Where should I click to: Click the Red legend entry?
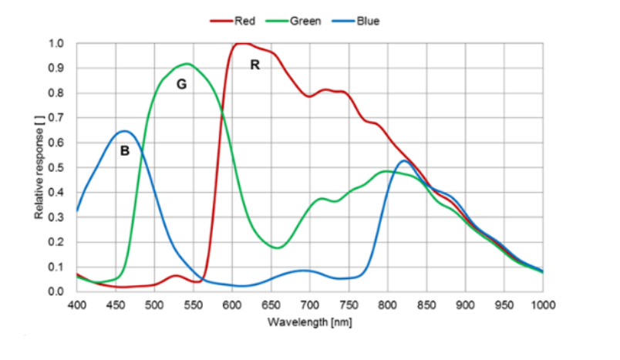click(x=244, y=21)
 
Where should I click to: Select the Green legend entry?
click(x=305, y=21)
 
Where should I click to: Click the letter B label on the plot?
click(x=124, y=152)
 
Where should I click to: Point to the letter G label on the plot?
click(x=182, y=84)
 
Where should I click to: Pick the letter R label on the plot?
click(x=254, y=66)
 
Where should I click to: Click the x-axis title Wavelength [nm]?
click(x=310, y=321)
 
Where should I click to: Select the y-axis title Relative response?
click(x=39, y=167)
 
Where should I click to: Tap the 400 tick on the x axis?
click(x=77, y=304)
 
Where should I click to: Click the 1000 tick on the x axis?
click(x=543, y=304)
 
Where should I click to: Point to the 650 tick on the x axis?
click(x=271, y=304)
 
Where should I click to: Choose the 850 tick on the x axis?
click(x=426, y=304)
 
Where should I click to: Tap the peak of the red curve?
click(x=241, y=43)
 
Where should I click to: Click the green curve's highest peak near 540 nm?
click(x=187, y=63)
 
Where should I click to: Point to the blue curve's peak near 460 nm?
click(x=125, y=131)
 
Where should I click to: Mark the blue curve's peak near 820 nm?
click(x=404, y=160)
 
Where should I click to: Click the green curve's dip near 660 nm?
click(x=278, y=247)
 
